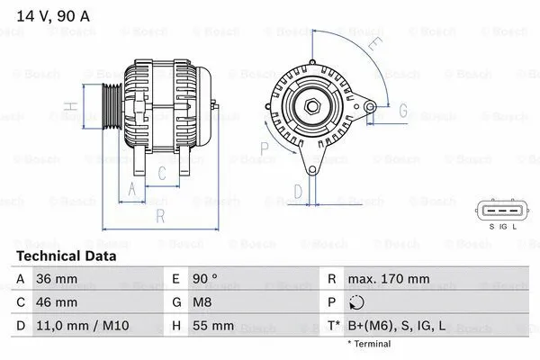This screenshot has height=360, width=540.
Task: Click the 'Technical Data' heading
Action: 67,256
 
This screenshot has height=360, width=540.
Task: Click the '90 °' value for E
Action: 207,280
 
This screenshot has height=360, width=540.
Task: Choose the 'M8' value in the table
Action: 204,302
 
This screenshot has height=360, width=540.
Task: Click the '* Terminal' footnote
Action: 369,344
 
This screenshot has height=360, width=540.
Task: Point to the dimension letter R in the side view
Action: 159,216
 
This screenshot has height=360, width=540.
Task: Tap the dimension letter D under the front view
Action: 298,191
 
